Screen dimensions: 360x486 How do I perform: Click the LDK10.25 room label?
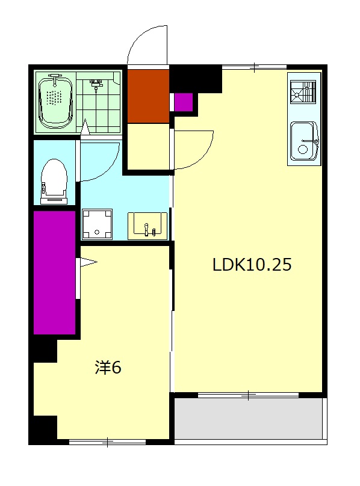pos(252,265)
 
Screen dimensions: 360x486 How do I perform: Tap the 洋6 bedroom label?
pos(108,368)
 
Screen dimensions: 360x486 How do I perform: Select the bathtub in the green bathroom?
pos(55,102)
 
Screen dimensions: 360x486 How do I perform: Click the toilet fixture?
pos(54,182)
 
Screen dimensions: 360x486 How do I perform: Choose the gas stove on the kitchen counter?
pos(303,92)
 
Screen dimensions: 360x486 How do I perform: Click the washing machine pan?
pos(97,224)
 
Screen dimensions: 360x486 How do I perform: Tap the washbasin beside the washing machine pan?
pos(147,226)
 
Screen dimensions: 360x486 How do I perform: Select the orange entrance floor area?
pos(148,96)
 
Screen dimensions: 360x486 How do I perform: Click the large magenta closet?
pos(55,272)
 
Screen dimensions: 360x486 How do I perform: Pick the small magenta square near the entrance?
pos(184,102)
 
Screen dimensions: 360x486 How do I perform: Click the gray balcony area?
pos(248,419)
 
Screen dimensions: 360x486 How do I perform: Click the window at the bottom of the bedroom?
pos(107,441)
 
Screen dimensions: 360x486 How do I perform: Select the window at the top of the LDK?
pos(255,66)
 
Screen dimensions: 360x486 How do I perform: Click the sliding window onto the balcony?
pos(248,395)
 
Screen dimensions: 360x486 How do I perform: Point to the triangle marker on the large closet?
pos(88,262)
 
